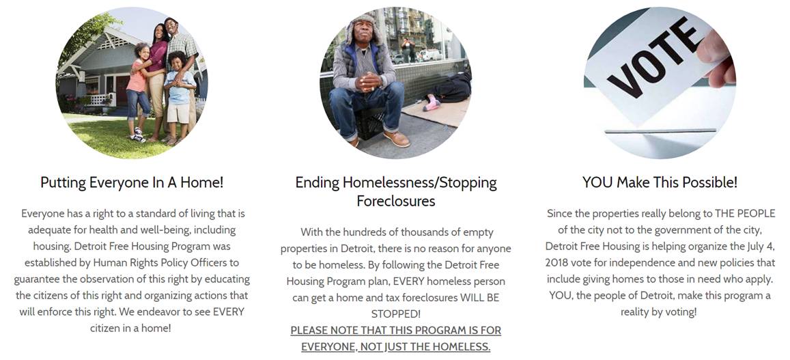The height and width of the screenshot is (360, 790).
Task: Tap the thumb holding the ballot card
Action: (x=716, y=55)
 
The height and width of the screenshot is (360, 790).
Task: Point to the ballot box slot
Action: (x=660, y=131)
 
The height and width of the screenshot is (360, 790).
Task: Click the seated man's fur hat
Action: (x=362, y=28)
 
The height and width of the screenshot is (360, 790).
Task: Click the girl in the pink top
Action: (x=138, y=91)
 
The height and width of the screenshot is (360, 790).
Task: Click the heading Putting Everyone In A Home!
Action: (x=132, y=182)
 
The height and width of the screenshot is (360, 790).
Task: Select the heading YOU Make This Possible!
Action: (x=660, y=182)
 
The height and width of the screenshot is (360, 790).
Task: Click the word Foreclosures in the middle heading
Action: (x=396, y=201)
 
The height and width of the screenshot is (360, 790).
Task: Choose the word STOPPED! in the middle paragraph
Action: (x=396, y=314)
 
